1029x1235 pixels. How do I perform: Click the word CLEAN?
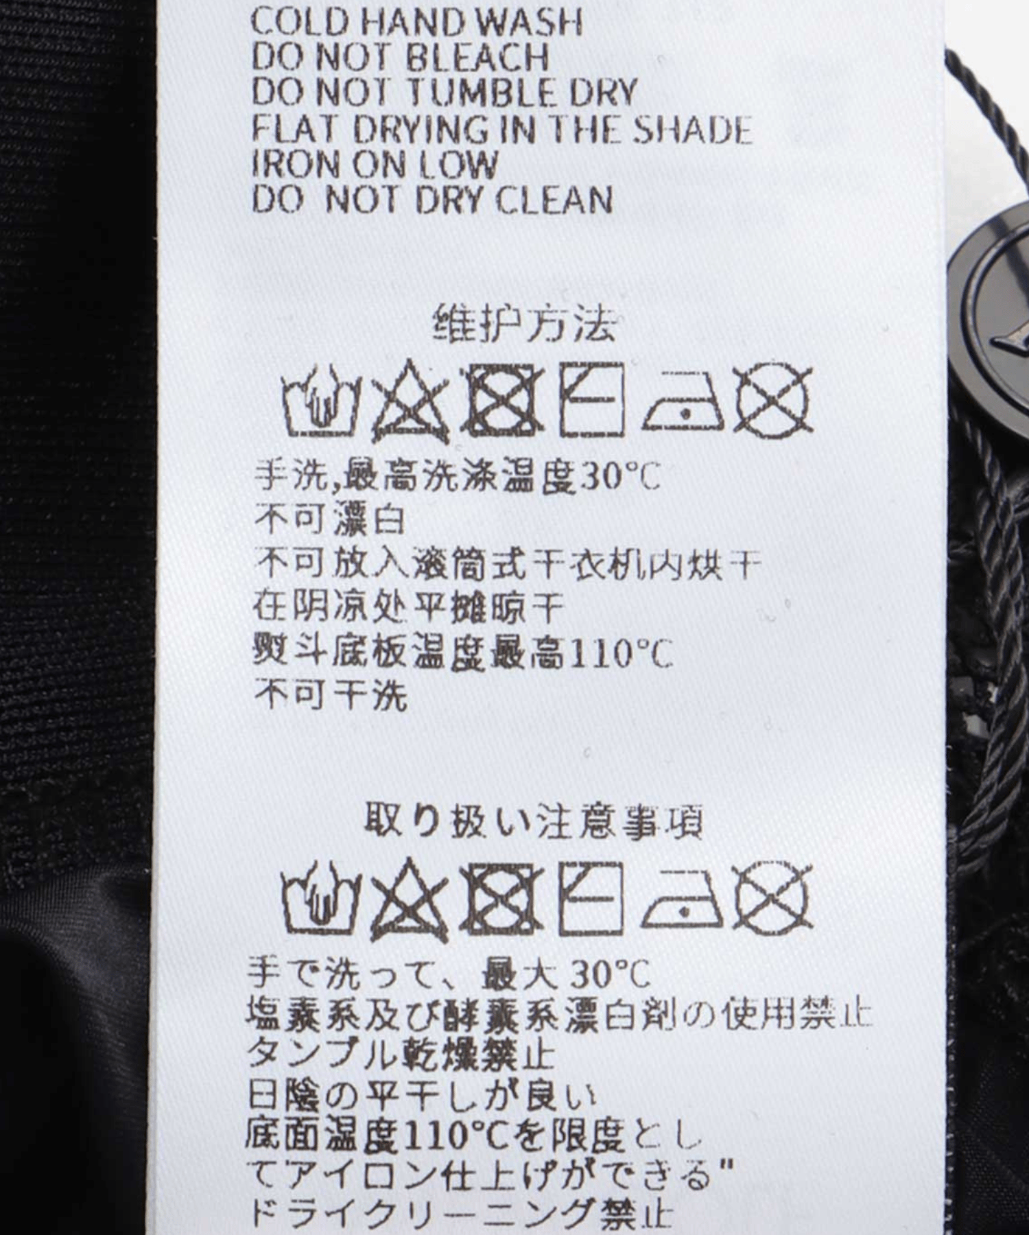(x=554, y=200)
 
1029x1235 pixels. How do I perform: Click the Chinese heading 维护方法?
(x=525, y=325)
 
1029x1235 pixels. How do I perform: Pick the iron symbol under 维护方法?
(x=684, y=402)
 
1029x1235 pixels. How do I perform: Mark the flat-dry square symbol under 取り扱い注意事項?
(x=591, y=899)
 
